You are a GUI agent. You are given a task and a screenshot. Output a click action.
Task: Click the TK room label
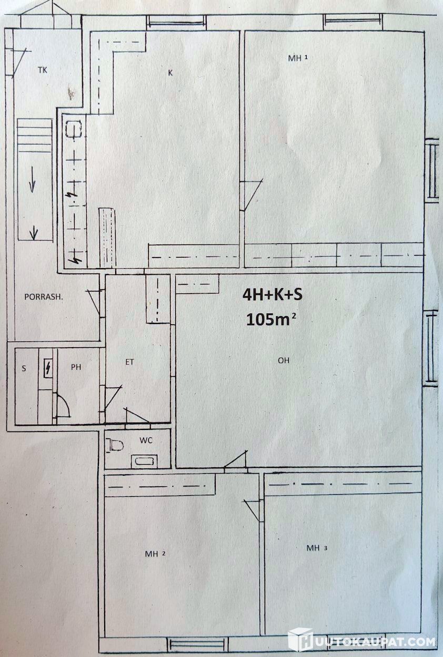[x=42, y=70]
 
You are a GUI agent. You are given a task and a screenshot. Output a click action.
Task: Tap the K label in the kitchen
[x=170, y=73]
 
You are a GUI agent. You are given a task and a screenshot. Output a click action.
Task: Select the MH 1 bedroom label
[x=298, y=58]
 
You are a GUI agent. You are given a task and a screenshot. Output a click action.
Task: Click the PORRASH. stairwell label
[x=44, y=297]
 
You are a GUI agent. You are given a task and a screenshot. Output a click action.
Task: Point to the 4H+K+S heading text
[x=273, y=295]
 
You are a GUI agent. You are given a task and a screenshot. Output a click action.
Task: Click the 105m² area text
[x=270, y=319]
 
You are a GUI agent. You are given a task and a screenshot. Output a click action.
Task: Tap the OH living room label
[x=284, y=360]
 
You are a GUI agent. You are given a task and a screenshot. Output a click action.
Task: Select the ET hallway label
[x=129, y=362]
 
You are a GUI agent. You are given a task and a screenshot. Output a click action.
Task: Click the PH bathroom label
[x=76, y=367]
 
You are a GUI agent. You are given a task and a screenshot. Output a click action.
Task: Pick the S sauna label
[x=24, y=368]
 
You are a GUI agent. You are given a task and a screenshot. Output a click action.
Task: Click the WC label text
[x=146, y=440]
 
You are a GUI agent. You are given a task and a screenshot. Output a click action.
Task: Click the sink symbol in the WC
[x=144, y=462]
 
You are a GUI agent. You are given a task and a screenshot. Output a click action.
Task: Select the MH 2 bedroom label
[x=155, y=554]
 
